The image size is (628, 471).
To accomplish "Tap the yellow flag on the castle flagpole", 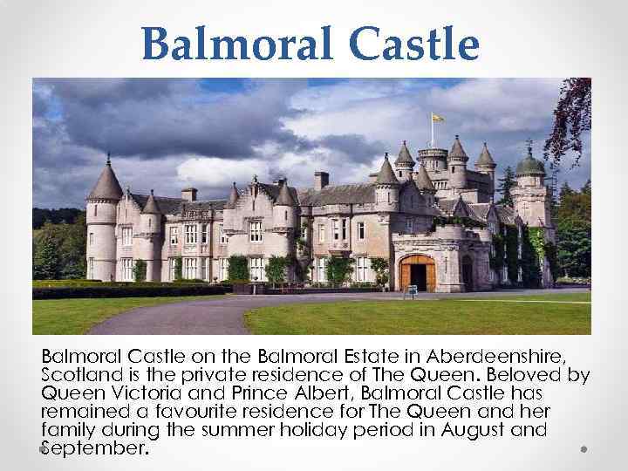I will (438, 117).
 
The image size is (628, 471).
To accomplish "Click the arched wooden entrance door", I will (419, 273).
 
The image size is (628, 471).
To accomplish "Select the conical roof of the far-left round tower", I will (106, 181).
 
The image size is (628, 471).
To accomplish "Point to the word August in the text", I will (482, 431).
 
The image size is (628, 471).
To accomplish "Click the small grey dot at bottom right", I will (584, 448).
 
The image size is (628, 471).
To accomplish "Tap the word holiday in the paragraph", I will (321, 431).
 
